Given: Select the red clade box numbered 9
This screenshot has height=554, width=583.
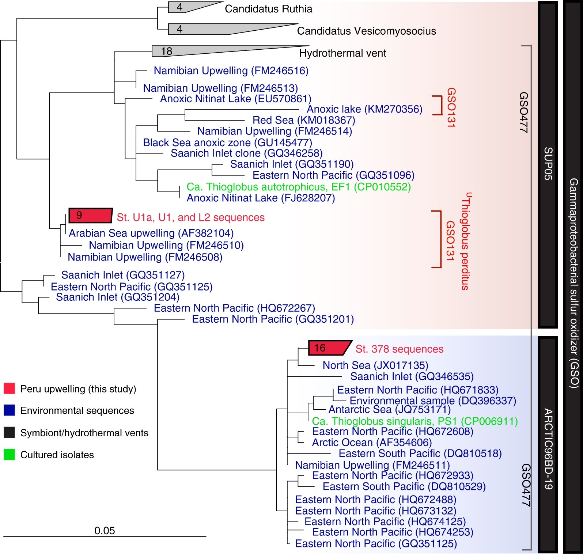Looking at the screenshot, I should (x=90, y=216).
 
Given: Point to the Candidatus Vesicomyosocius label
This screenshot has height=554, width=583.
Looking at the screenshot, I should (x=366, y=31).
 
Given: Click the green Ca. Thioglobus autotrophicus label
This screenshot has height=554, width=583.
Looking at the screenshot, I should (x=299, y=187).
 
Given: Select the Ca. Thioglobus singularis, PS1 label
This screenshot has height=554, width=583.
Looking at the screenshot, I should (x=415, y=421).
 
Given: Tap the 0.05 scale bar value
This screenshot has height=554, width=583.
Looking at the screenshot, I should (x=105, y=531).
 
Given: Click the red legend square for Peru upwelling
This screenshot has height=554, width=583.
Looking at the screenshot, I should (x=9, y=388).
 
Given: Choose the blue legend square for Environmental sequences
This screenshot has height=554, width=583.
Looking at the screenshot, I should (x=9, y=410).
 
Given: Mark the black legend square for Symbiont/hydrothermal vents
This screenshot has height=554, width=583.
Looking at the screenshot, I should (x=9, y=433).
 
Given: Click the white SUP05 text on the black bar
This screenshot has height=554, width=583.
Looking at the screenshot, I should (x=548, y=163).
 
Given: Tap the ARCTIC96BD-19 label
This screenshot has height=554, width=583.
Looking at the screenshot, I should (x=548, y=449).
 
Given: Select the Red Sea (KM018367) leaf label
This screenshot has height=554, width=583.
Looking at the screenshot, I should (x=304, y=120).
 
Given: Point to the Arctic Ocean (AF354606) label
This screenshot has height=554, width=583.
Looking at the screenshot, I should (x=372, y=443).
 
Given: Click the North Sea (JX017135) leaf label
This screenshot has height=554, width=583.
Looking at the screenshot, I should (x=375, y=365).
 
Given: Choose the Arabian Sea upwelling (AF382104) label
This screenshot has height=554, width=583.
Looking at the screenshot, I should (x=151, y=233).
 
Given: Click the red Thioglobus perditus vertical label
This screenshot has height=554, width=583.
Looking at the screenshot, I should (x=465, y=242).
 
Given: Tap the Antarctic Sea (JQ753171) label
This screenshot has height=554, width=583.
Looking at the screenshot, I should (x=389, y=410).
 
